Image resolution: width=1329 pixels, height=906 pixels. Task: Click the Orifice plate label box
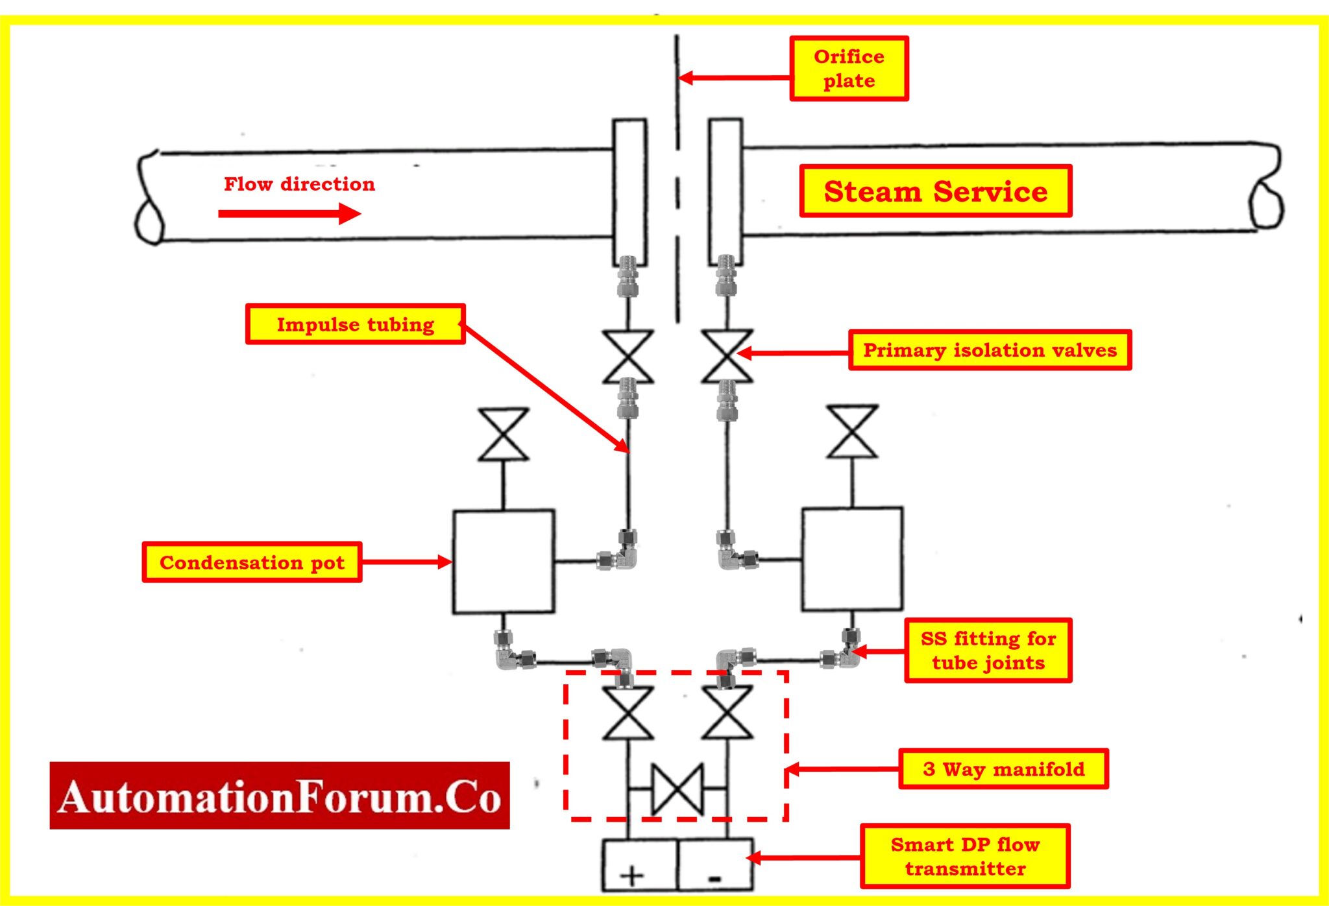(848, 69)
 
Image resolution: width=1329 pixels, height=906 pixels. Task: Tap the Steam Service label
(935, 191)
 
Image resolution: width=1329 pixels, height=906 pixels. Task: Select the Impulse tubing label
(355, 324)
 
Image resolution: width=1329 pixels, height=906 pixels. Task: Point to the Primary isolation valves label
(990, 350)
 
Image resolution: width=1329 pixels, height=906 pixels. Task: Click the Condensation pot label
(252, 562)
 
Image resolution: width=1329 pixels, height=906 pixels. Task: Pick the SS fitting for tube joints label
(988, 650)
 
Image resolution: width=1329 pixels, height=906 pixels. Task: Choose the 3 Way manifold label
(1003, 769)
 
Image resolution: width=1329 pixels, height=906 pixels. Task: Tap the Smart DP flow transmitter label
(965, 857)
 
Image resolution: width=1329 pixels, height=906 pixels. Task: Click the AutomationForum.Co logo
(280, 796)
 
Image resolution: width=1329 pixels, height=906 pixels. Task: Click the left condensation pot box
(504, 562)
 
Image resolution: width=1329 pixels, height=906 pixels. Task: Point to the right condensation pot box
(852, 559)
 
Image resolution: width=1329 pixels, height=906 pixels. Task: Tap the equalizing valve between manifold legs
(677, 789)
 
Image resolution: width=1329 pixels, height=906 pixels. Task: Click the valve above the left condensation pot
(504, 435)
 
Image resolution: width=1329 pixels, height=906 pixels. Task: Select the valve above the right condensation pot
(852, 432)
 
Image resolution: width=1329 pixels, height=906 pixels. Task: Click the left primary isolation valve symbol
(628, 357)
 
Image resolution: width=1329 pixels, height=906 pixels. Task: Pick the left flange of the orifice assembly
(629, 192)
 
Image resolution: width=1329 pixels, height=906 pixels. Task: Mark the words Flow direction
(299, 184)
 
